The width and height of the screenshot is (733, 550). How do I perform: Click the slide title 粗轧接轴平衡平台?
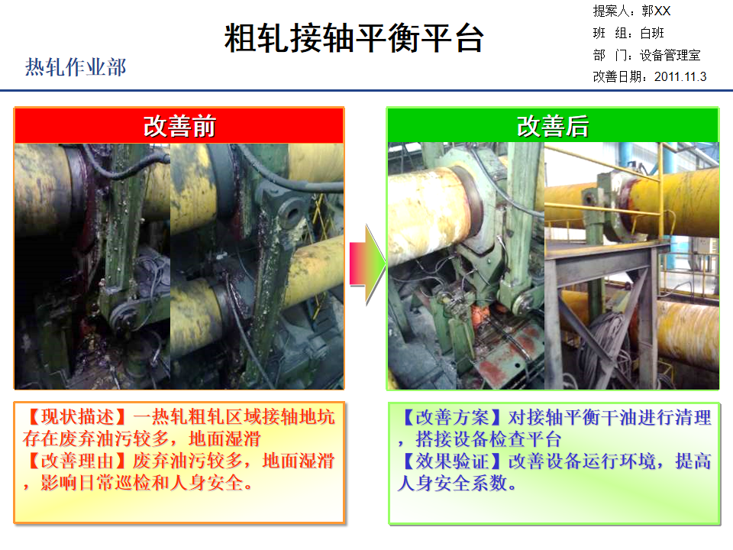point(354,37)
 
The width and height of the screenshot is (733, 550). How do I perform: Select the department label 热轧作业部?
point(75,67)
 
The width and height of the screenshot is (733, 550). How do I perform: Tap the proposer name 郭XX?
point(656,11)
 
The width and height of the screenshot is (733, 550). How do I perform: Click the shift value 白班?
point(652,33)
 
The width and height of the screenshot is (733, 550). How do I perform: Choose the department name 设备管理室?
point(670,55)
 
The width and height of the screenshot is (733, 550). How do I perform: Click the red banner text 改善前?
point(179,125)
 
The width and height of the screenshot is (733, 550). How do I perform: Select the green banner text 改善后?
point(552,125)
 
